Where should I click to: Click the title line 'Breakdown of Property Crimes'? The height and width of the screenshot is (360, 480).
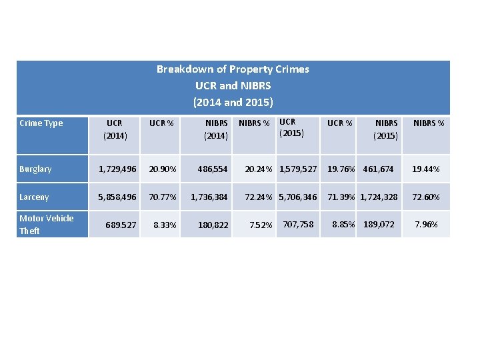[x=233, y=69]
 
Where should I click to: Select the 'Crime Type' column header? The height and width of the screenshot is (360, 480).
[x=41, y=123]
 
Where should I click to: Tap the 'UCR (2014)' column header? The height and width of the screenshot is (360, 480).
[x=114, y=129]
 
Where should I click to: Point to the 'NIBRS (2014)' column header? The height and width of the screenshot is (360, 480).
[x=216, y=129]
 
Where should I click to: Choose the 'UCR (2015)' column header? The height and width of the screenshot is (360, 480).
[x=291, y=127]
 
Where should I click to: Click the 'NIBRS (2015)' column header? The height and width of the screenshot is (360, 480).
[x=386, y=129]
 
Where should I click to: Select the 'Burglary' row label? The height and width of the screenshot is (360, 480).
[x=35, y=169]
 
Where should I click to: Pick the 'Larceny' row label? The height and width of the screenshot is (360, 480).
[x=34, y=197]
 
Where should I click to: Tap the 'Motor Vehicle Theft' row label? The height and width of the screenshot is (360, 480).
[x=46, y=225]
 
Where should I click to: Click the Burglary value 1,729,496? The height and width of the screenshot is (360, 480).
[x=117, y=169]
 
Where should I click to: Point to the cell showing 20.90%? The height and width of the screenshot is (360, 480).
[x=163, y=169]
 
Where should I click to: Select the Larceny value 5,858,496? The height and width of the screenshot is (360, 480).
[x=117, y=197]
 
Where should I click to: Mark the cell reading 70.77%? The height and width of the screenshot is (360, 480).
[x=163, y=197]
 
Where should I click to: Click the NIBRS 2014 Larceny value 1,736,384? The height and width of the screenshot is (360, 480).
[x=209, y=197]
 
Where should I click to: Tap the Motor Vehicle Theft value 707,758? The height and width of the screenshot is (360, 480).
[x=298, y=224]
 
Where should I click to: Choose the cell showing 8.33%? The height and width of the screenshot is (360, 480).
[x=165, y=225]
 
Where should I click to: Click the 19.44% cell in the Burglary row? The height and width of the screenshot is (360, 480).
[x=426, y=169]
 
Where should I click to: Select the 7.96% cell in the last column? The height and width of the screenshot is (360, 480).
[x=426, y=224]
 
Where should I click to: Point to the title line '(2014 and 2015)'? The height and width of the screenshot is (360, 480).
[x=233, y=103]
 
